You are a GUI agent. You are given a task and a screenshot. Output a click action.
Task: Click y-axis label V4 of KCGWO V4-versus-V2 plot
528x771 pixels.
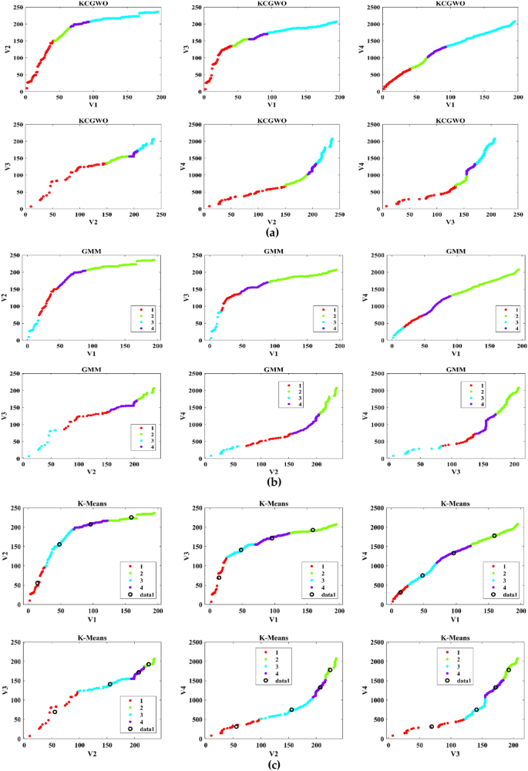click(189, 163)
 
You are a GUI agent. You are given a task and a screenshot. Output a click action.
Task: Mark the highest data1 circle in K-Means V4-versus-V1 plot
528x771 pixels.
click(494, 535)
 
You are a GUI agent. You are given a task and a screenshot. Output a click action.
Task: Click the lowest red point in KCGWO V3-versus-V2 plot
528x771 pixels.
click(31, 206)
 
